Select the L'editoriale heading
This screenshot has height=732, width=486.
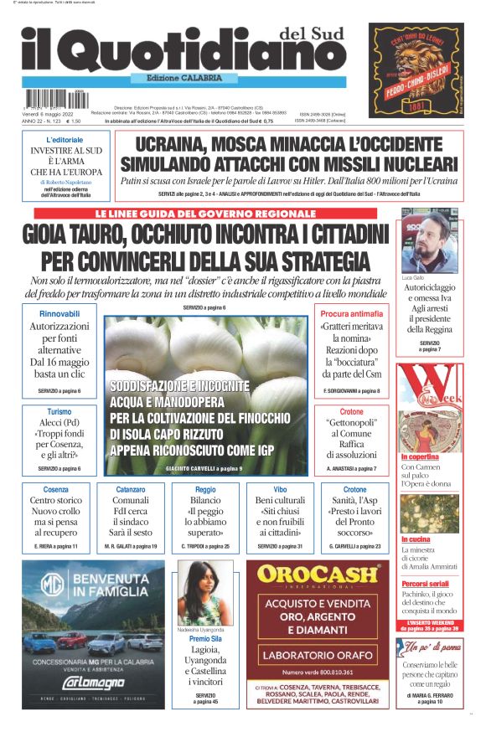(x=65, y=139)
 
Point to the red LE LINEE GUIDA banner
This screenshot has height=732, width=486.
(x=205, y=214)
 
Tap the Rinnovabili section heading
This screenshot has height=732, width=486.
(x=59, y=314)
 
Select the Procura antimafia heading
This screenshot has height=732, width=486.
(x=351, y=314)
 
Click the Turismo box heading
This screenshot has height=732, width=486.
(x=59, y=412)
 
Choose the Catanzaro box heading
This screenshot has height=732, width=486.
(x=130, y=489)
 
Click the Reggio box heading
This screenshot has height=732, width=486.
(x=205, y=489)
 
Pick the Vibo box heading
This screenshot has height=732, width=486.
(x=280, y=489)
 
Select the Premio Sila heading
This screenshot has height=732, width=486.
(x=205, y=638)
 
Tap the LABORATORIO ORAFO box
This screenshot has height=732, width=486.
(x=317, y=654)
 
